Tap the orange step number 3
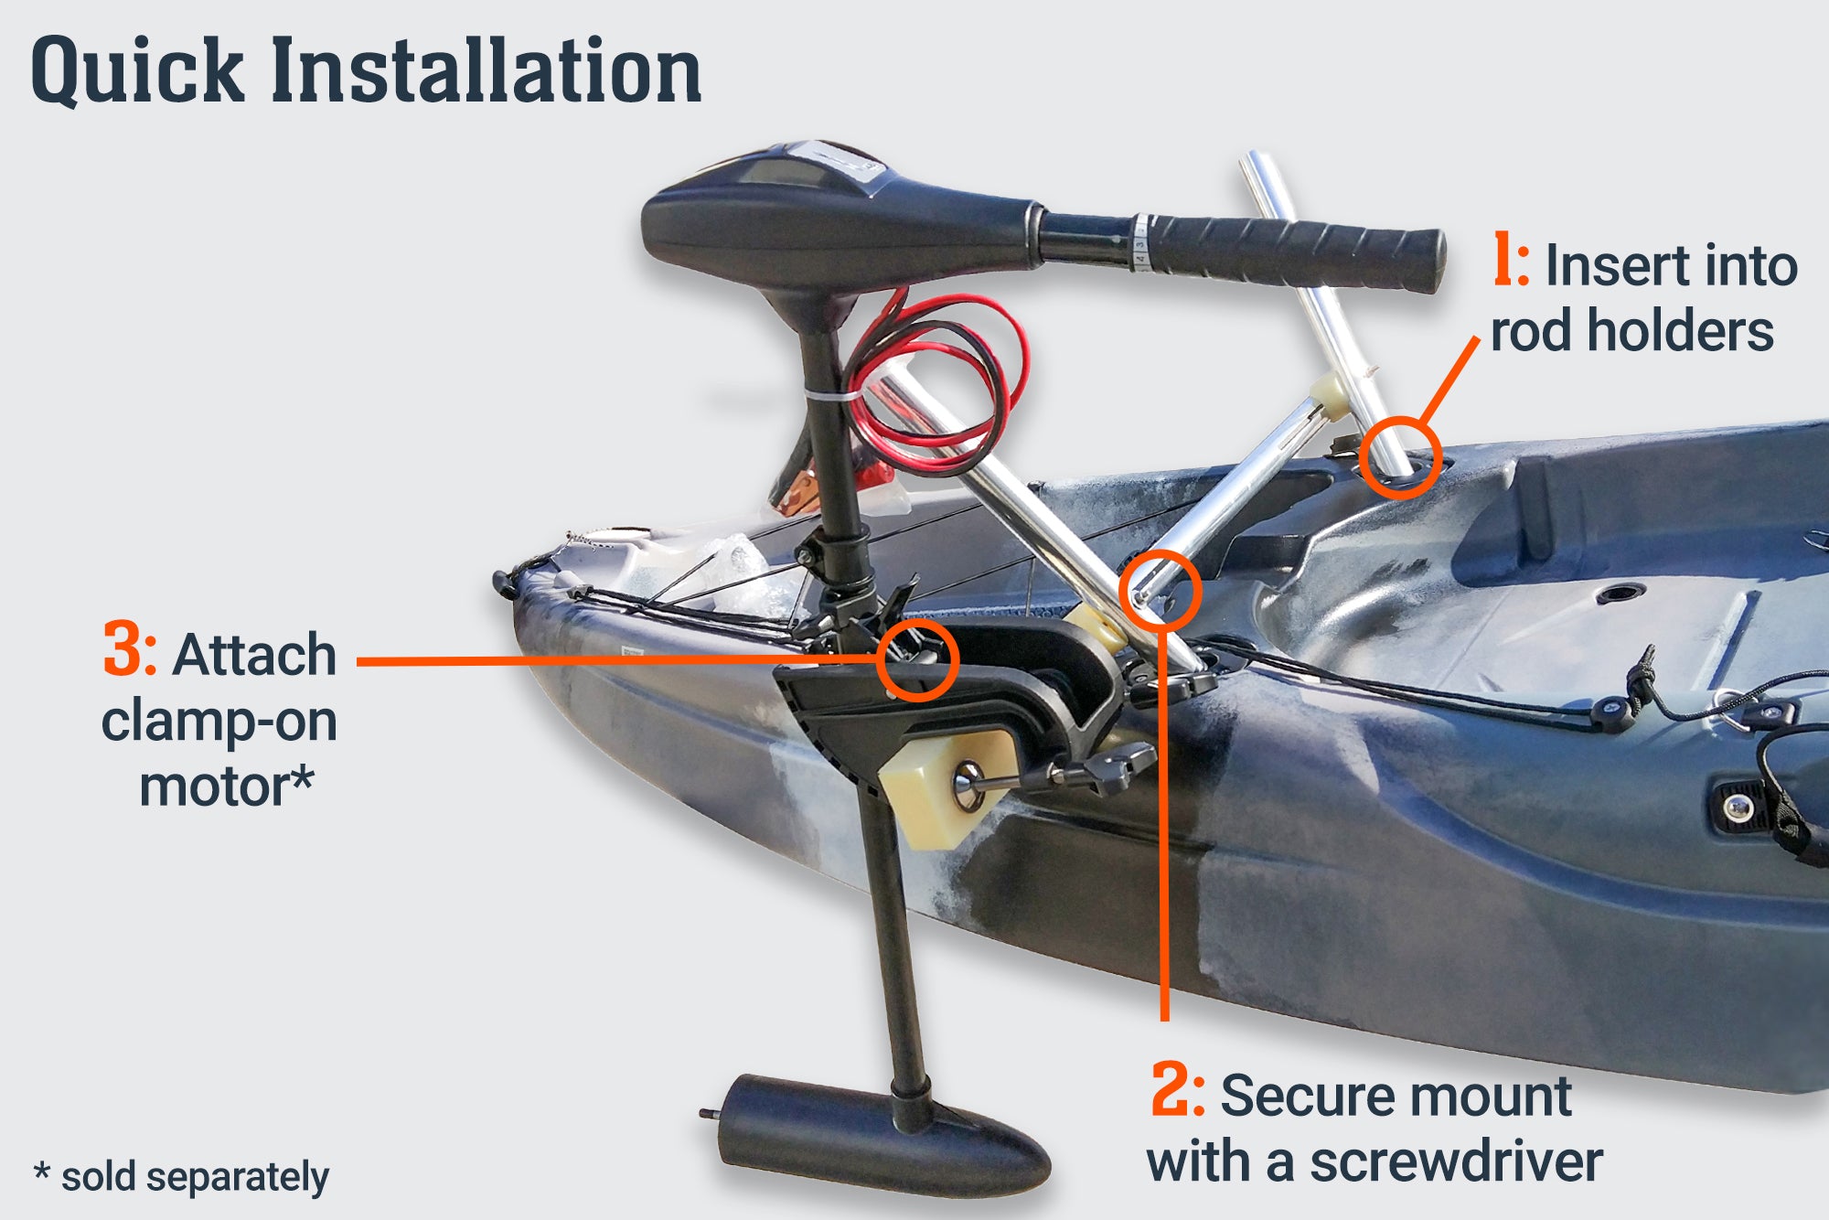click(130, 649)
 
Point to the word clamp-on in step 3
click(219, 721)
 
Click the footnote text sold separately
click(195, 1178)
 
